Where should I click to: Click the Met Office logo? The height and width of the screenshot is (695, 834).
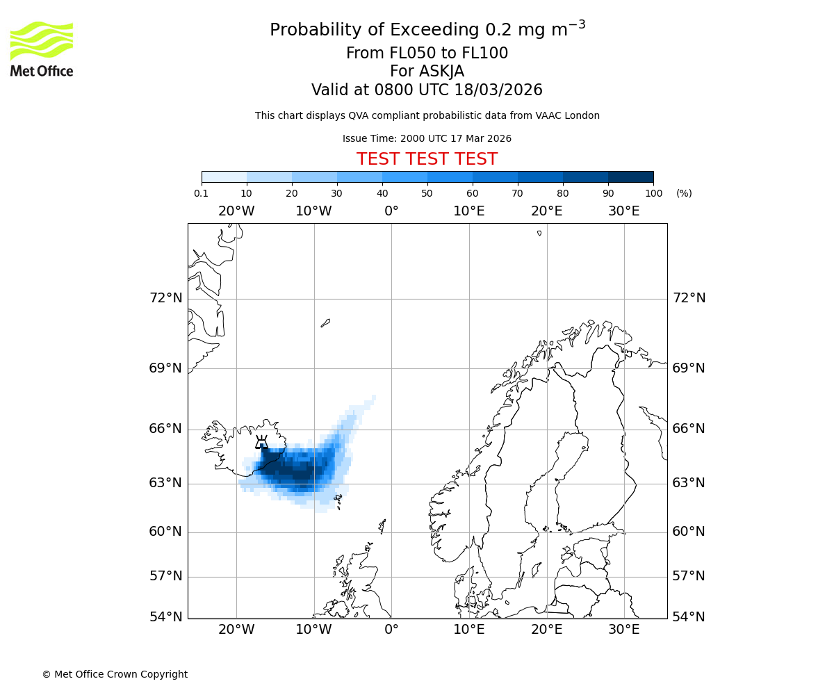pos(42,49)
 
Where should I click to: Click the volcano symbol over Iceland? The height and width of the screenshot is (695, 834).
pos(261,443)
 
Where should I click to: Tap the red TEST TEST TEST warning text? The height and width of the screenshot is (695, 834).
pos(427,159)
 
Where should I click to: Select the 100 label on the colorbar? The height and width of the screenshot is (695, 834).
pos(653,193)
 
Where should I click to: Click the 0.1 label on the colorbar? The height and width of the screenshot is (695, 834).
pos(202,193)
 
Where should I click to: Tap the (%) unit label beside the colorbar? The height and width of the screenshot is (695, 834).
pos(684,193)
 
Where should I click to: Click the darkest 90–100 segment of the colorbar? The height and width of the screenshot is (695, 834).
pos(630,177)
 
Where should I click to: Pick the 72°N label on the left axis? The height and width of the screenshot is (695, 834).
pos(165,298)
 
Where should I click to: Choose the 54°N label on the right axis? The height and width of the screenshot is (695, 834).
pos(688,616)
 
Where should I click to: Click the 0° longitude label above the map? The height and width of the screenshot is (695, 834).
pos(391,211)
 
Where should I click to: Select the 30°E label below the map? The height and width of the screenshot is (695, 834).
pos(623,630)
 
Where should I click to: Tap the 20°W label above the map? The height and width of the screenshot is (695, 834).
pos(236,211)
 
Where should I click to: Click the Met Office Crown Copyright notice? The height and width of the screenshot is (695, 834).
pos(115,674)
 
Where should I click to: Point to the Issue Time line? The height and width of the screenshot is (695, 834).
pos(427,139)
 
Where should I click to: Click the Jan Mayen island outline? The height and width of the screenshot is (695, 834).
pos(325,322)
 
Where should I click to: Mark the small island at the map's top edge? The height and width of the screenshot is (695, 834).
pos(539,233)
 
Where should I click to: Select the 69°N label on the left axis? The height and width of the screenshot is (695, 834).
pos(165,368)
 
